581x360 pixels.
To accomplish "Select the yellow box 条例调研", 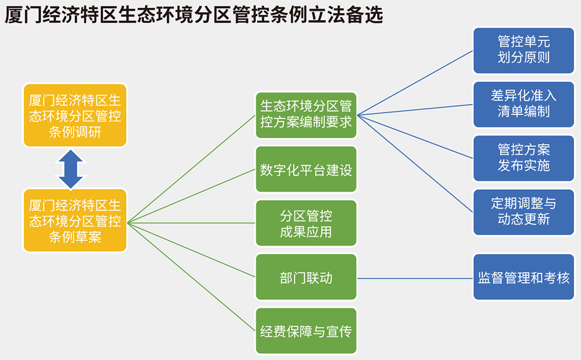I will pyautogui.click(x=75, y=116).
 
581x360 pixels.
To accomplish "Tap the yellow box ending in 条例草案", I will pyautogui.click(x=75, y=221).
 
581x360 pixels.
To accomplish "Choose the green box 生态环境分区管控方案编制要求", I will pyautogui.click(x=306, y=114).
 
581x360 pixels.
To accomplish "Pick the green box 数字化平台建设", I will pyautogui.click(x=306, y=170).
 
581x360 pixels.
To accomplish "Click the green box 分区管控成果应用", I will pyautogui.click(x=306, y=224).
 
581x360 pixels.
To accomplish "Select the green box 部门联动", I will pyautogui.click(x=306, y=277).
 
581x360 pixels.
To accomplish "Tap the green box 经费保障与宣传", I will pyautogui.click(x=306, y=332).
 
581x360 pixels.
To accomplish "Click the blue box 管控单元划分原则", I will pyautogui.click(x=523, y=50).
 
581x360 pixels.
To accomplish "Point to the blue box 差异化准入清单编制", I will pyautogui.click(x=523, y=104).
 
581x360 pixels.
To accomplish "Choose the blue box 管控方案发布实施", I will pyautogui.click(x=523, y=158).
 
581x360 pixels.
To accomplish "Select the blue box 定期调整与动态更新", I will pyautogui.click(x=523, y=211).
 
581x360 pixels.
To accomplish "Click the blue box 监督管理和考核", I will pyautogui.click(x=523, y=277).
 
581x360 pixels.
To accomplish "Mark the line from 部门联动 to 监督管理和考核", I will pyautogui.click(x=415, y=278).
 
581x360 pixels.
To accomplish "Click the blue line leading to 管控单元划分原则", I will pyautogui.click(x=415, y=82).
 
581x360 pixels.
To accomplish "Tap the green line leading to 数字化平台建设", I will pyautogui.click(x=192, y=196).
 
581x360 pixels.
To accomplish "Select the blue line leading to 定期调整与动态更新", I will pyautogui.click(x=415, y=163).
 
